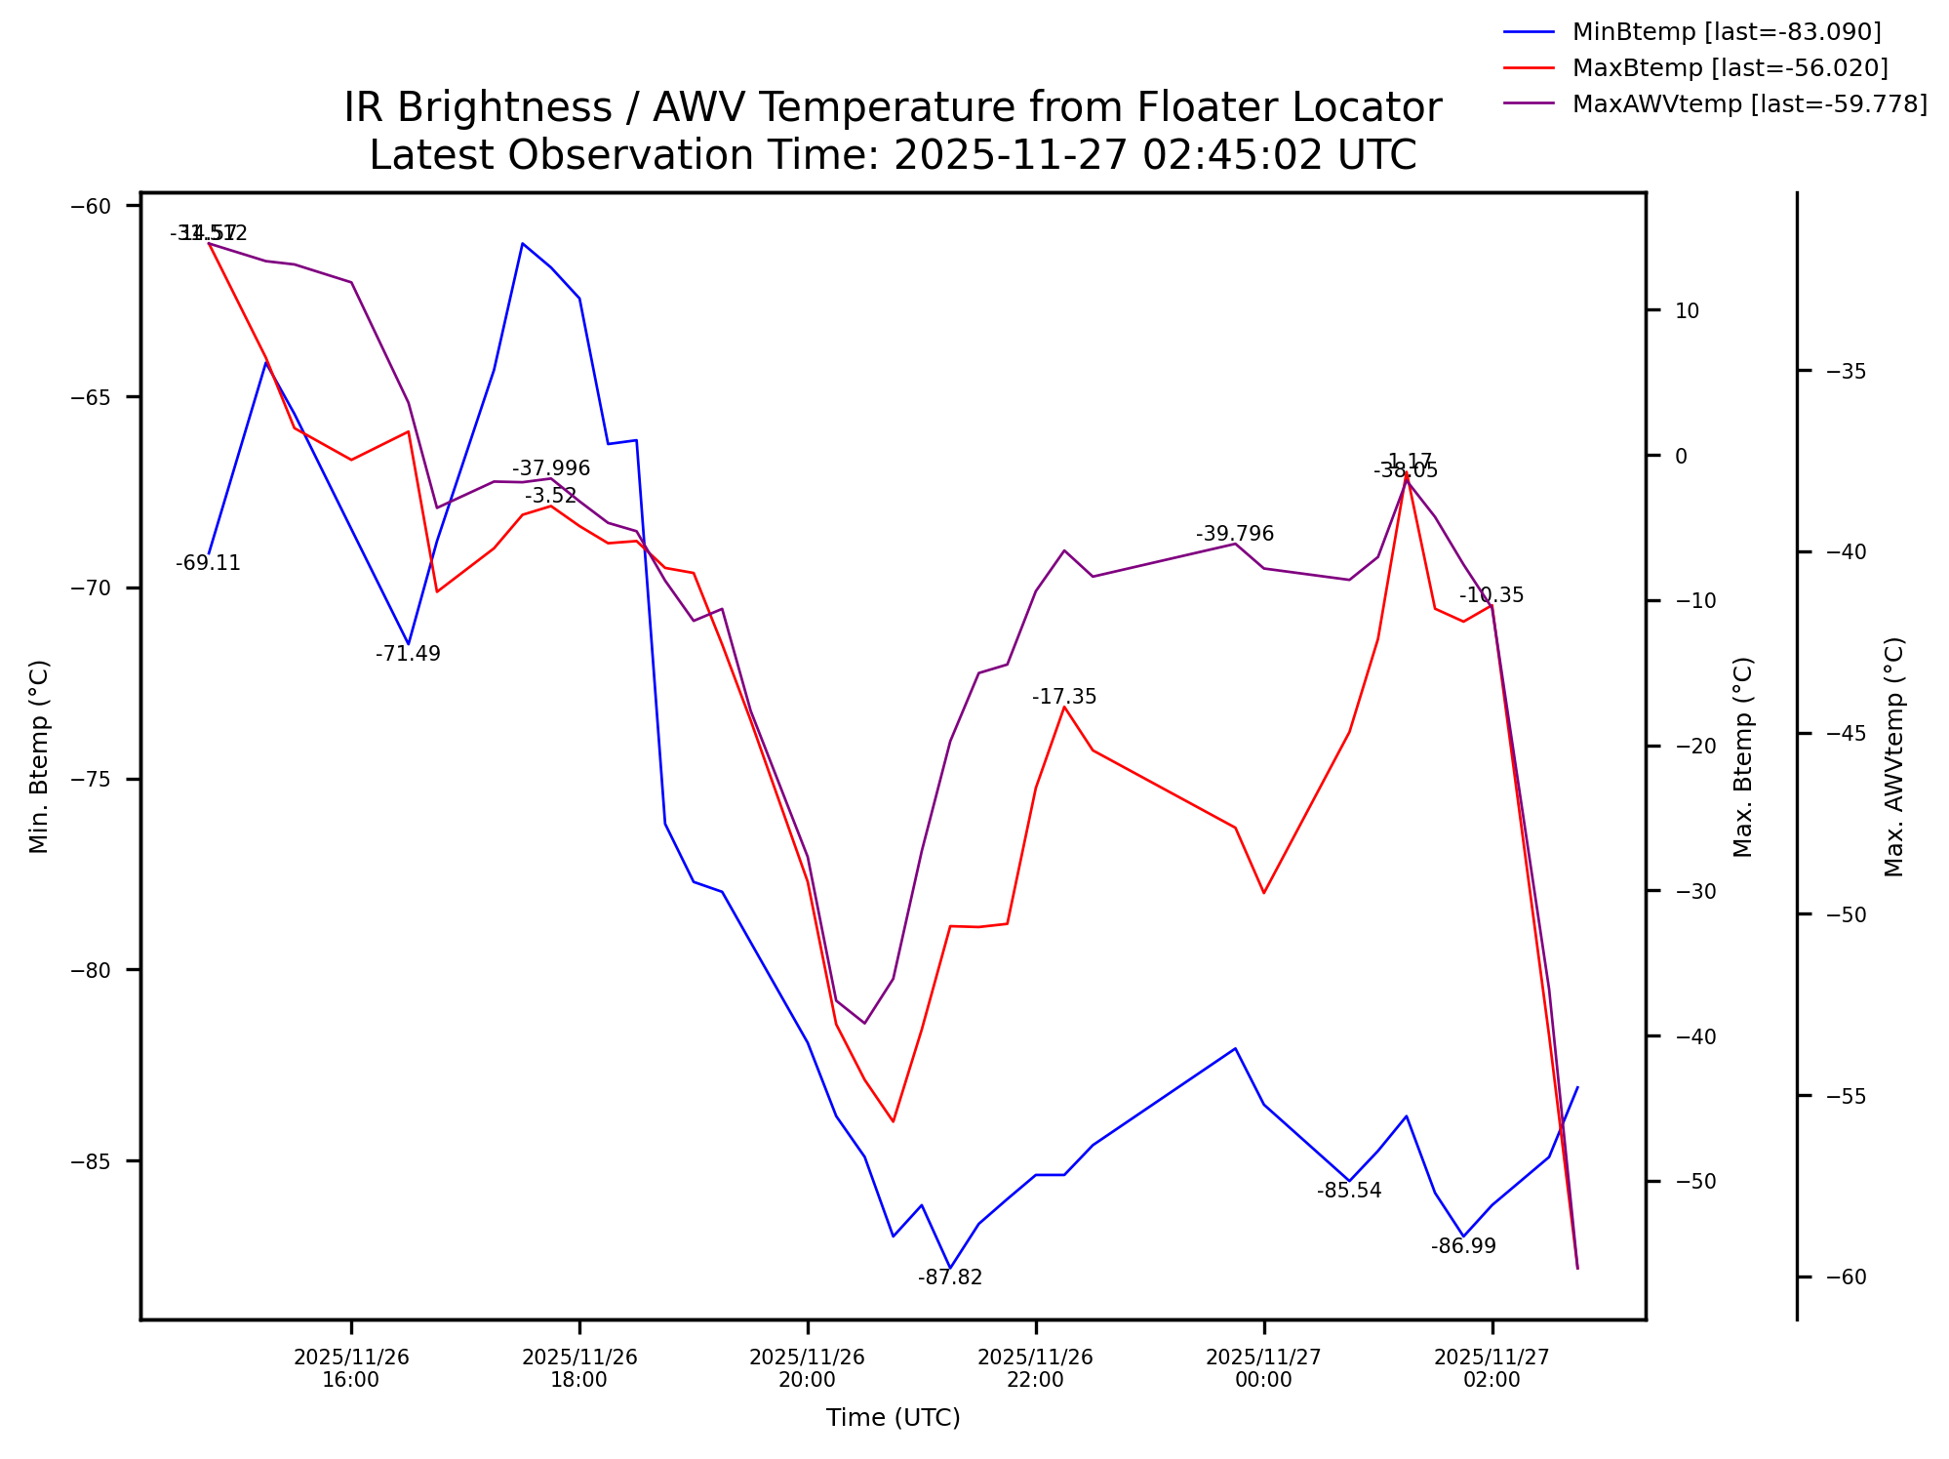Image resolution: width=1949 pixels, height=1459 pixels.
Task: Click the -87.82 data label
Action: click(x=950, y=1277)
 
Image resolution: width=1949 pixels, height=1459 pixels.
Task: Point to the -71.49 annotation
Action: click(x=408, y=654)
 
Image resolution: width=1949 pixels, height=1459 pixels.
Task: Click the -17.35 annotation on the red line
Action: click(x=1064, y=697)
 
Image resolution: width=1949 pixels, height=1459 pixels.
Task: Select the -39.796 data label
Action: click(x=1235, y=534)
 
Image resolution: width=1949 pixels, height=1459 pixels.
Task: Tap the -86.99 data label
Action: click(x=1463, y=1246)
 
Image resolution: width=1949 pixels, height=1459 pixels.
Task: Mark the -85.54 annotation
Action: click(x=1349, y=1191)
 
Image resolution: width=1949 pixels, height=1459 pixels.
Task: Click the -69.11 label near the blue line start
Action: click(x=208, y=563)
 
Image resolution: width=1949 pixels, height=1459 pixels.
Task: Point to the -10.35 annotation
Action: click(x=1492, y=595)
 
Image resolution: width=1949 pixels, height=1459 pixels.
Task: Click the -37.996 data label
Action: click(x=551, y=468)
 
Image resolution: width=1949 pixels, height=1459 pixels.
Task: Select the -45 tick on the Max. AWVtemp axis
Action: click(x=1846, y=733)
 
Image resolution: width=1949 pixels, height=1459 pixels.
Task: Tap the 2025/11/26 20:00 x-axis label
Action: click(x=807, y=1368)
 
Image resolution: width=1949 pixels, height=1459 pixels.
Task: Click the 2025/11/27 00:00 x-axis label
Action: click(x=1263, y=1368)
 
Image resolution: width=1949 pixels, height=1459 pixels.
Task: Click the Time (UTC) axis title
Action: click(x=893, y=1418)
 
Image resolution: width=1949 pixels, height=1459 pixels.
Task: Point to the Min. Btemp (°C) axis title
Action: click(x=39, y=756)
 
